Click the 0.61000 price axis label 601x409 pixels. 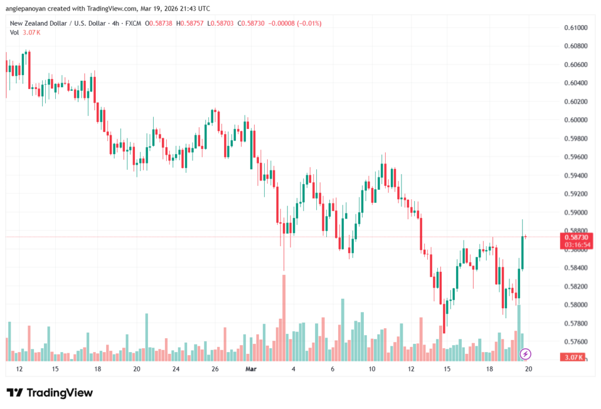point(575,28)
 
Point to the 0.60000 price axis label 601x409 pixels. point(575,120)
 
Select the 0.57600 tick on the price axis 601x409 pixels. point(575,342)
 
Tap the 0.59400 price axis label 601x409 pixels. point(575,176)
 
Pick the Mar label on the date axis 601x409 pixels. point(251,369)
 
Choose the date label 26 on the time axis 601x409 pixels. point(215,369)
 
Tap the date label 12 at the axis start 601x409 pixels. point(19,369)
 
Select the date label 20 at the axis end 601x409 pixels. point(528,369)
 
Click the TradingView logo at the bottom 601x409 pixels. point(50,393)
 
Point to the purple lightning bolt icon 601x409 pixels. point(526,354)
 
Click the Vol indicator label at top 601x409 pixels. point(15,32)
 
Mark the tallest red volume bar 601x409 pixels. point(284,317)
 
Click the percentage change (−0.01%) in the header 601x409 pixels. point(308,23)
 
